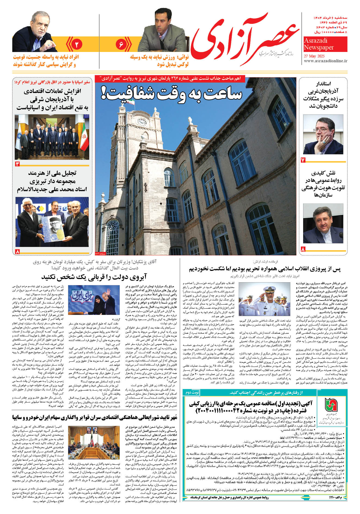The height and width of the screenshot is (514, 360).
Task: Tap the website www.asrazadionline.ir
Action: pos(325,61)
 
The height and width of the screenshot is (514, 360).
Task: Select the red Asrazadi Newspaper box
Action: pos(325,44)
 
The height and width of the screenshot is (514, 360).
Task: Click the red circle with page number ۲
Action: pos(77,44)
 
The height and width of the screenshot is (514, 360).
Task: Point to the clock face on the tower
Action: pos(141,122)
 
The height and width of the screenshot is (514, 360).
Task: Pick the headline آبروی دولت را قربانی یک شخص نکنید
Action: pos(94,277)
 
